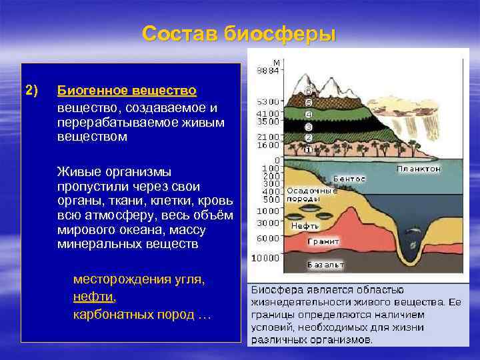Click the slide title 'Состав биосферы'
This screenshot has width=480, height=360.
239,33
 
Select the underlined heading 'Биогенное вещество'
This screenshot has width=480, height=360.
127,90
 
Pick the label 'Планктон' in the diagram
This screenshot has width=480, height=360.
419,169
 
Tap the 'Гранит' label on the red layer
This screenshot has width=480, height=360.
323,241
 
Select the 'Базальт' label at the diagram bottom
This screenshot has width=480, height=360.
325,265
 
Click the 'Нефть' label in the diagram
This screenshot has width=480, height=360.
305,226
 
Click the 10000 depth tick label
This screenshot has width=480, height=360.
265,258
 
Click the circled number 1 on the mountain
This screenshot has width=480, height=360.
308,149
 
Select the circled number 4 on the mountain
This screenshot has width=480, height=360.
308,114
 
